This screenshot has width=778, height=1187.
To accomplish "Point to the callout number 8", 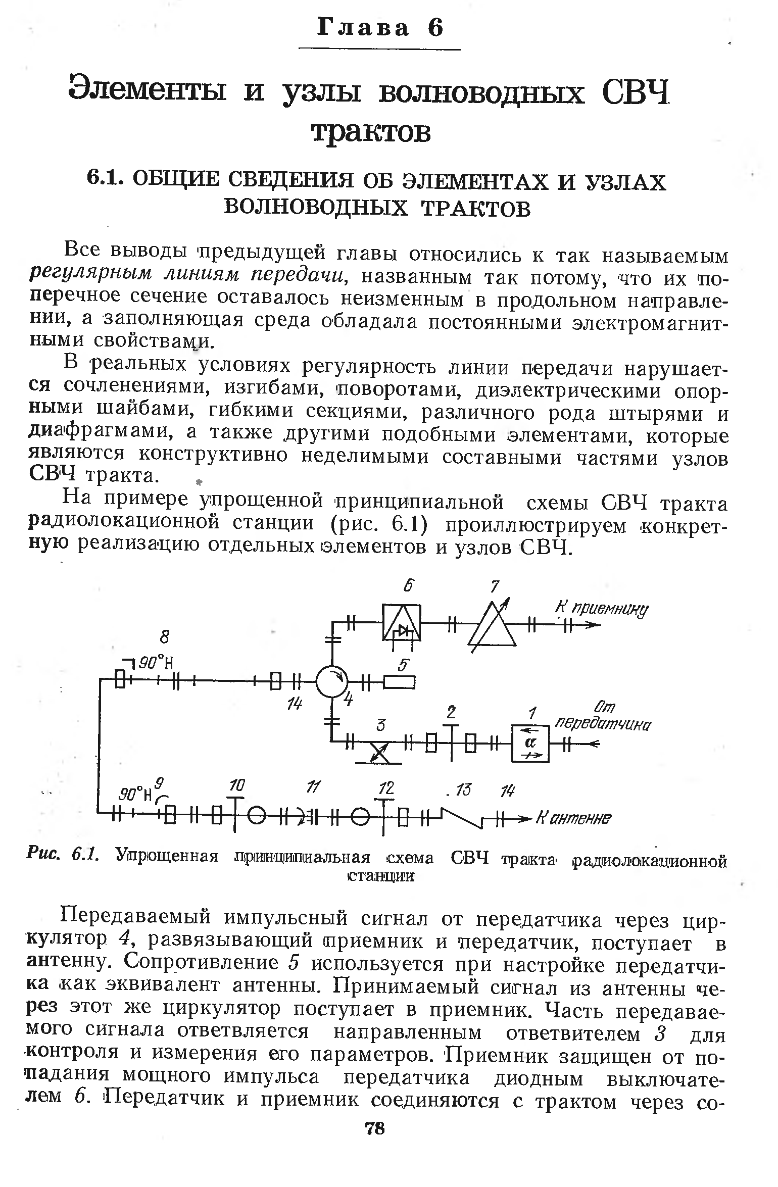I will coord(164,638).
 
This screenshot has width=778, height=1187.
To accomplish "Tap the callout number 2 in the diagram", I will coord(451,712).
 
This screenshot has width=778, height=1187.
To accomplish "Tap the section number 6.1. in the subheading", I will coord(105,180).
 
